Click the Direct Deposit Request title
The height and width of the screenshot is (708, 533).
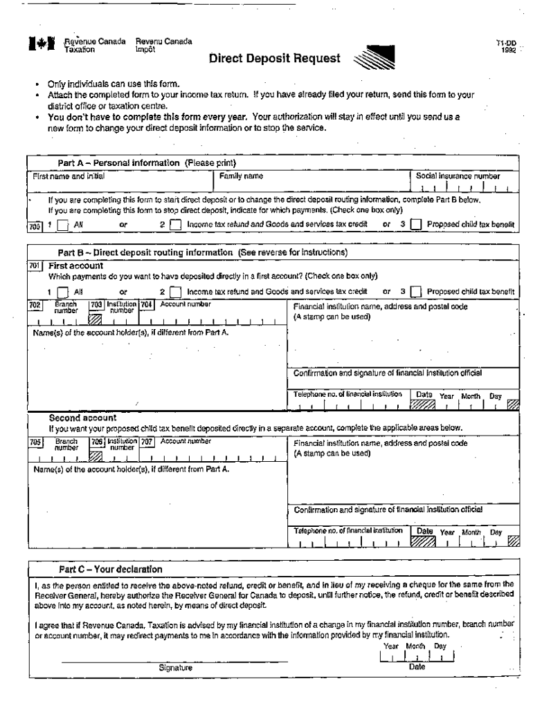point(275,59)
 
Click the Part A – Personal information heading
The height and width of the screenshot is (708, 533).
point(147,163)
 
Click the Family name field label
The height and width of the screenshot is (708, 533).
point(241,176)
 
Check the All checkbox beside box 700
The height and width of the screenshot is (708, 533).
point(63,225)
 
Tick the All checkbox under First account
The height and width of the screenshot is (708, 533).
point(63,292)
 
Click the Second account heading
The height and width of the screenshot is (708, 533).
point(82,418)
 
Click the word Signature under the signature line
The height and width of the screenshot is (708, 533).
point(175,669)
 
